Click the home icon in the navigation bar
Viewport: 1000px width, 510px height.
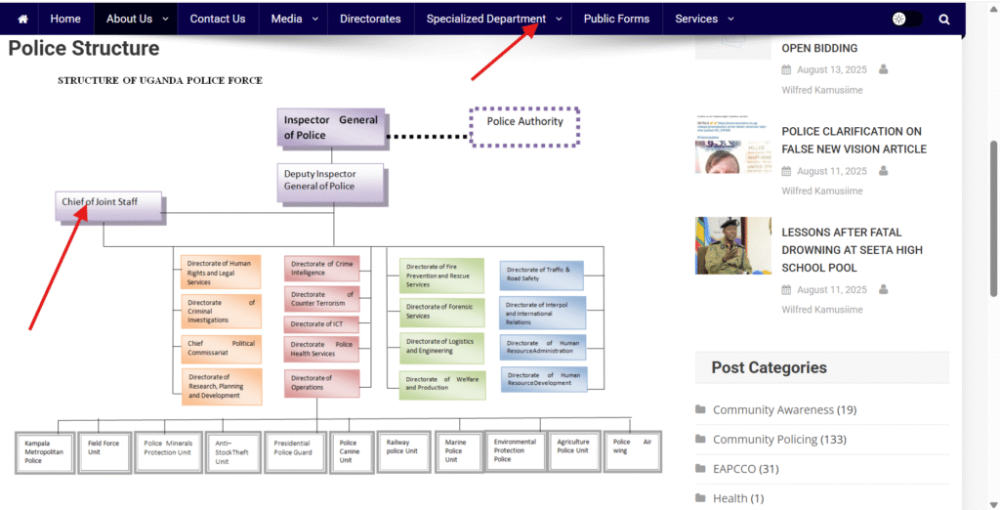pos(22,19)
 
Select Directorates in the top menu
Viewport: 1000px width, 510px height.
pos(370,19)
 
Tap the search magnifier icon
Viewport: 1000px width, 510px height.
pos(944,19)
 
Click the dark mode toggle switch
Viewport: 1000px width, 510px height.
pos(906,19)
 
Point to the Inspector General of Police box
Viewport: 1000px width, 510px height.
pos(330,128)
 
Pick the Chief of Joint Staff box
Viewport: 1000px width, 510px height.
pos(108,206)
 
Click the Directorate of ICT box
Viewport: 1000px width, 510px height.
pos(321,323)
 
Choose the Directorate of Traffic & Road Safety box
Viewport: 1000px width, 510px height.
pos(543,274)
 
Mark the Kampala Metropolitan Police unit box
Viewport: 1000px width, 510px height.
pos(44,451)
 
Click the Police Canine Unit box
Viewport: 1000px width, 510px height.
pos(351,451)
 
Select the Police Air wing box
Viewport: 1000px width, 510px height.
pos(632,447)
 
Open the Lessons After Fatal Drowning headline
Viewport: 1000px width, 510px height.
pos(852,250)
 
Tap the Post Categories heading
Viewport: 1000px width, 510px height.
pos(769,368)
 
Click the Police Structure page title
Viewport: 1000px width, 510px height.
pos(84,48)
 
